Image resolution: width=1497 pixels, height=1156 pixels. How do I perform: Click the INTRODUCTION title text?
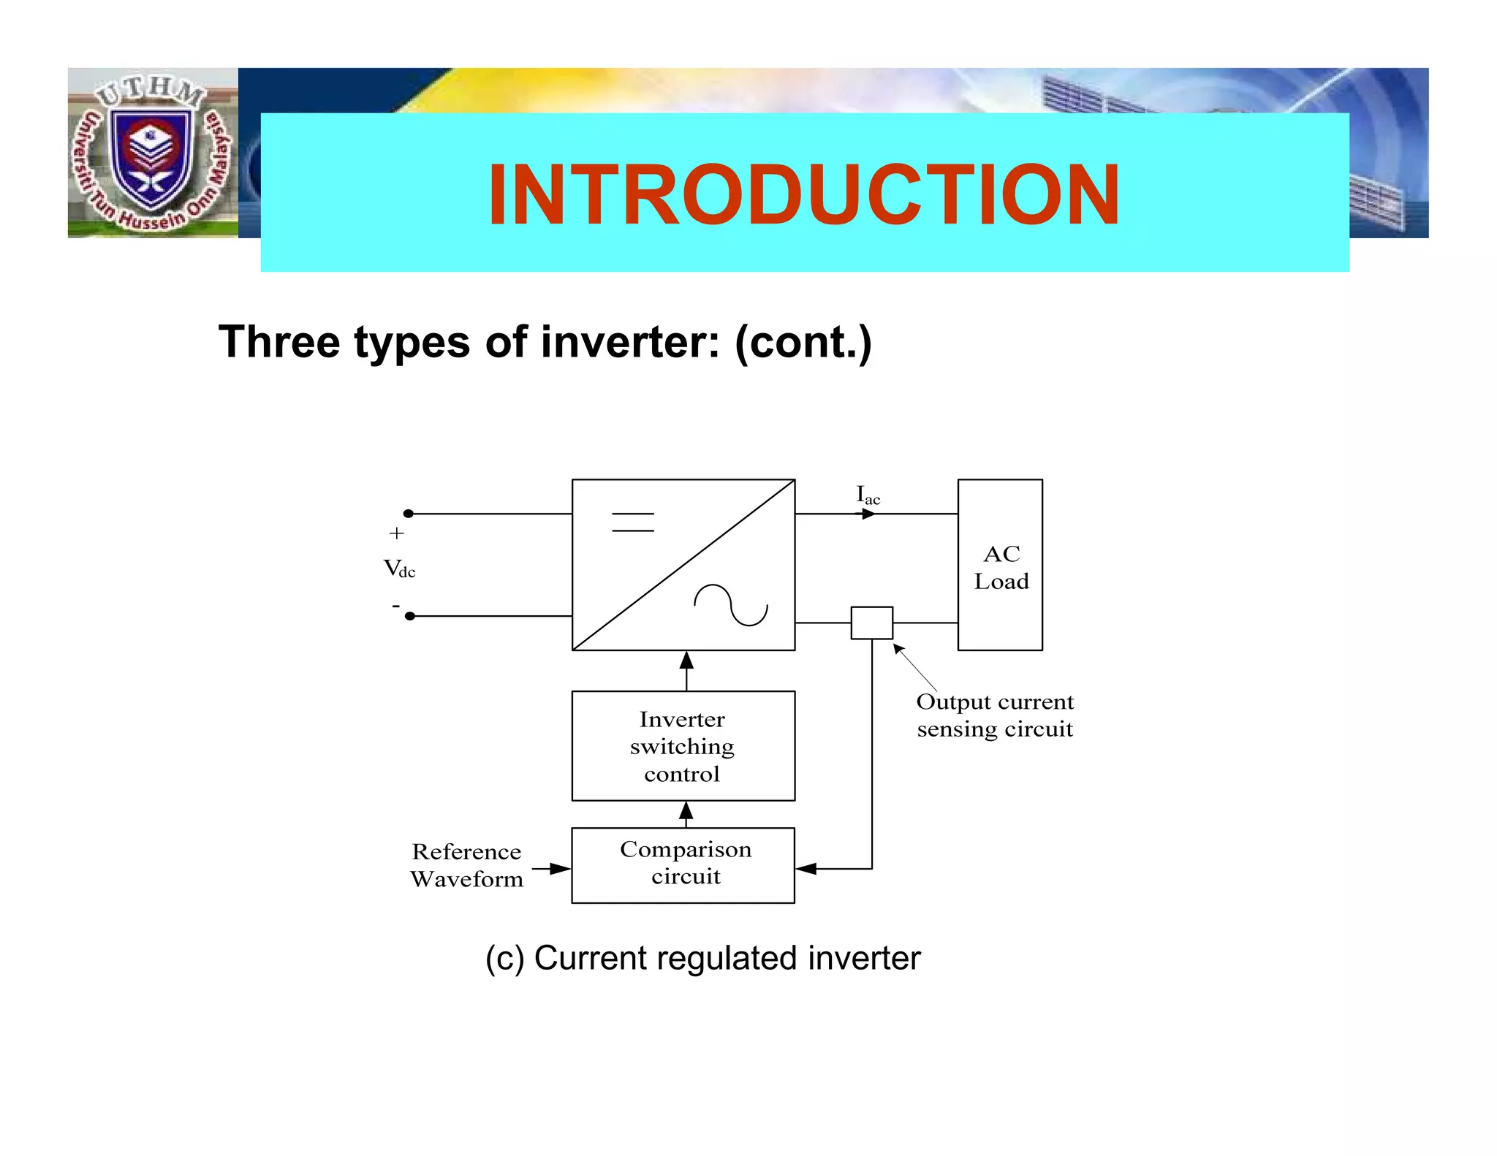click(x=803, y=194)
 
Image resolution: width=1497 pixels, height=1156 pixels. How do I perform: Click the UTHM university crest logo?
click(x=152, y=153)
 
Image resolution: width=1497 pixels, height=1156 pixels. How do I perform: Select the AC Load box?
click(x=999, y=565)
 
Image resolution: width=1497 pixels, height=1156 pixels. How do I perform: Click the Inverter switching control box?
click(x=683, y=746)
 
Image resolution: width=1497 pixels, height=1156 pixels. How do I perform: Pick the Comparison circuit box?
click(x=683, y=865)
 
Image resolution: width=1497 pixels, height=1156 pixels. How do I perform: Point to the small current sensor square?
click(x=871, y=623)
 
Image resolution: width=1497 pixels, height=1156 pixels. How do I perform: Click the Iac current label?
click(x=868, y=495)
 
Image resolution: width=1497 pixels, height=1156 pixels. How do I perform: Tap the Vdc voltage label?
click(x=399, y=569)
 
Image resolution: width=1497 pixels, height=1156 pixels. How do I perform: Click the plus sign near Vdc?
click(x=396, y=533)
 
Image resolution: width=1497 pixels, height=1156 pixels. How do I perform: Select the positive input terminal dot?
click(x=409, y=514)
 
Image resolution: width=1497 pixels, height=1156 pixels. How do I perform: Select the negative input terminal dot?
click(x=410, y=616)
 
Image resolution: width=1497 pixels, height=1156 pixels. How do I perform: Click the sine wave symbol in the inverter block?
click(x=730, y=605)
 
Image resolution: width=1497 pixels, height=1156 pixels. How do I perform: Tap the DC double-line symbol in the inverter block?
click(x=632, y=522)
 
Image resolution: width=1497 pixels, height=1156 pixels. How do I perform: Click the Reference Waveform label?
click(x=466, y=865)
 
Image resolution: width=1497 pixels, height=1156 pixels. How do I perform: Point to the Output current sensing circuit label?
click(x=995, y=715)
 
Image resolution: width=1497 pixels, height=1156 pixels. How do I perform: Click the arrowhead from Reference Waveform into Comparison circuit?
click(x=560, y=869)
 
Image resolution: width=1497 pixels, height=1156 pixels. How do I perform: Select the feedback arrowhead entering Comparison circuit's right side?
click(x=806, y=869)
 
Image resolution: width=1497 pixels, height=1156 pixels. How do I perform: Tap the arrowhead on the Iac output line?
click(x=868, y=514)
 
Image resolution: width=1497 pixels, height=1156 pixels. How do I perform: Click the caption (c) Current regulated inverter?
click(x=702, y=958)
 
